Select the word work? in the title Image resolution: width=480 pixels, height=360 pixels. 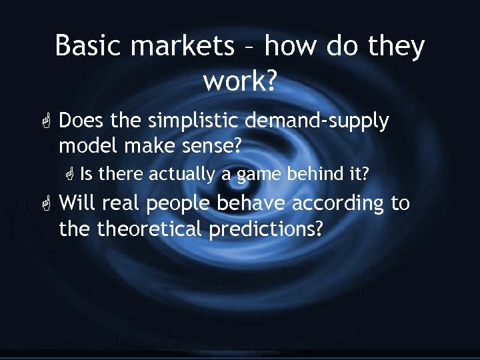click(240, 81)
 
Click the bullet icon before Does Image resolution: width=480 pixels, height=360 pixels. click(45, 122)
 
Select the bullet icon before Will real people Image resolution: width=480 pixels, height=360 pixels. click(45, 203)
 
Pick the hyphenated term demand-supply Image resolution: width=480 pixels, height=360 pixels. click(317, 121)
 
